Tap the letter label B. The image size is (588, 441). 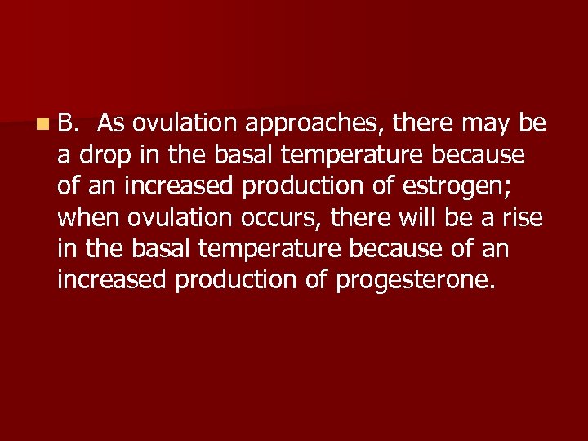pos(66,123)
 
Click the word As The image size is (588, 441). pos(111,123)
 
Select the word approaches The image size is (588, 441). pos(315,124)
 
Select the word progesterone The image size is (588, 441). pos(412,281)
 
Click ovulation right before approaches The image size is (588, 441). pos(185,123)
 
